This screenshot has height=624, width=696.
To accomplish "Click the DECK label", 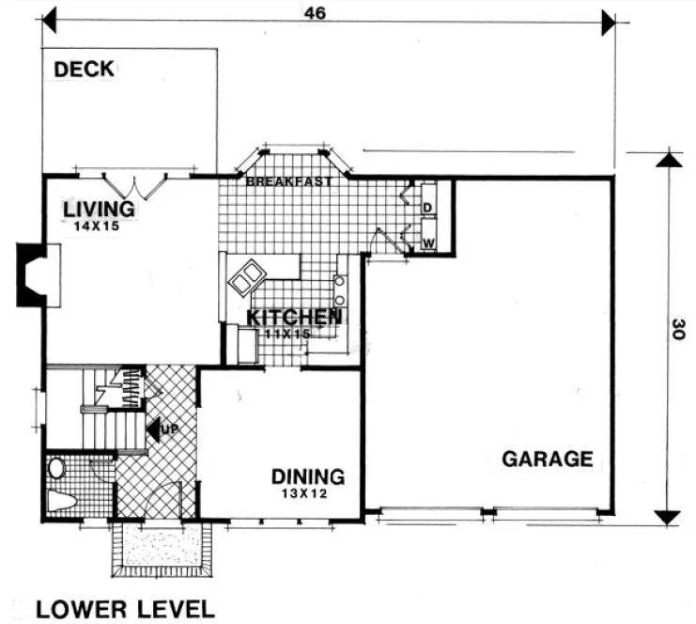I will (84, 69).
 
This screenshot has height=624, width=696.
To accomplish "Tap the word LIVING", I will (99, 208).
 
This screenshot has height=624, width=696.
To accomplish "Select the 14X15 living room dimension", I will (99, 226).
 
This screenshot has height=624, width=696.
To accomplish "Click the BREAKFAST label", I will (288, 182).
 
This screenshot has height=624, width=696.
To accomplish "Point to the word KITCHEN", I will (293, 318).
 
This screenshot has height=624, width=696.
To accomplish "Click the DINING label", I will (308, 476).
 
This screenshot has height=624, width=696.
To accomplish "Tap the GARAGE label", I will (547, 460).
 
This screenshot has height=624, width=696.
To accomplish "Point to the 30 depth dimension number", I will (679, 331).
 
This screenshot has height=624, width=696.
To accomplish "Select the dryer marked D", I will (426, 206).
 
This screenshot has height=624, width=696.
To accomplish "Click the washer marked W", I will (426, 242).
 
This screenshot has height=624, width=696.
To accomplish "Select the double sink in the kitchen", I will (248, 276).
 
